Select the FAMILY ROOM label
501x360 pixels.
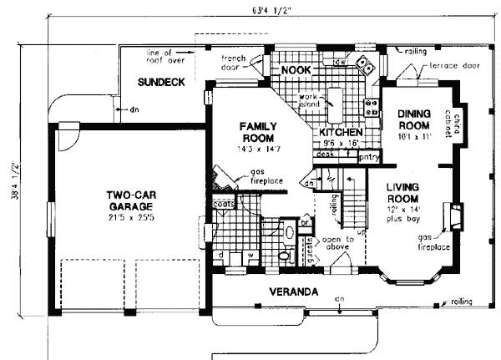[x=260, y=132]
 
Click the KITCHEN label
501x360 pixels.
[x=341, y=132]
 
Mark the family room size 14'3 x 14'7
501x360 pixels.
[x=260, y=149]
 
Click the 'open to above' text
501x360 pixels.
[x=339, y=243]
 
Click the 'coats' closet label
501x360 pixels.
[x=223, y=203]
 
